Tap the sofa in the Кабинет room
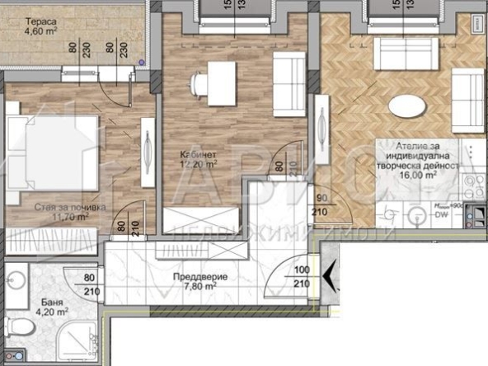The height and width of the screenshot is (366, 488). pos(289,82)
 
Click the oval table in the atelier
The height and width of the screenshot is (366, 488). pos(408,107)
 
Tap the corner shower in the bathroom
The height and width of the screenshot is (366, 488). pos(77,339)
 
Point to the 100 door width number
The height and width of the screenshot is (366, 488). pos(301,270)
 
